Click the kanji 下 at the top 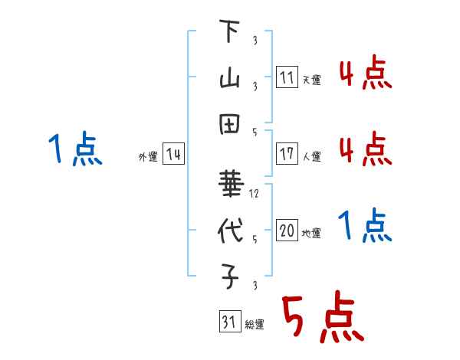pos(230,33)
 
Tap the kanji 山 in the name pos(230,78)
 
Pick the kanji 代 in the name pos(230,232)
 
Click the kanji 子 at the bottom pos(230,278)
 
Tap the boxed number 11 pos(287,77)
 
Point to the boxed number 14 pos(173,155)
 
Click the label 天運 pos(311,80)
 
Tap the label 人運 pos(311,156)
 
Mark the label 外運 pos(148,157)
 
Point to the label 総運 pos(255,324)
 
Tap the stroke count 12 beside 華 pos(255,194)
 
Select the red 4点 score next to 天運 pos(365,74)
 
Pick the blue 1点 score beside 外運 pos(75,149)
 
